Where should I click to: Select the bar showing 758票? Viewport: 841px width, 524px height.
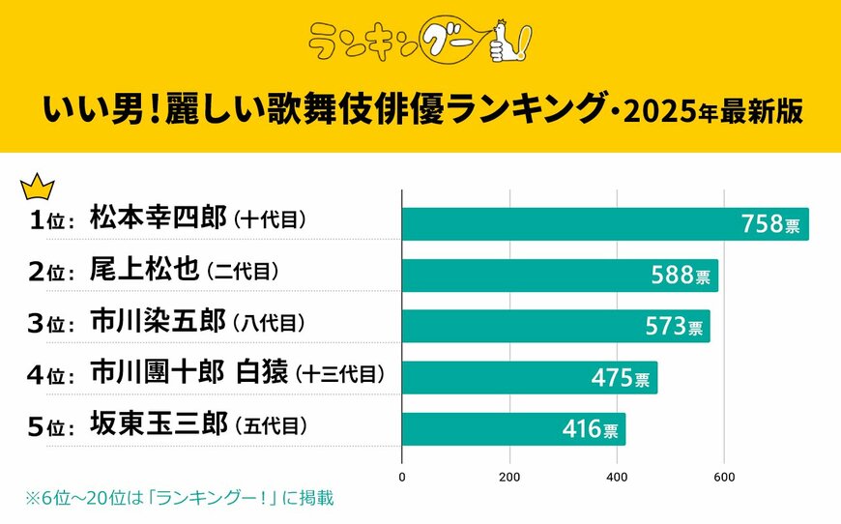point(604,223)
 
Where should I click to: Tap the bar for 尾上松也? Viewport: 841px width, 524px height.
point(559,275)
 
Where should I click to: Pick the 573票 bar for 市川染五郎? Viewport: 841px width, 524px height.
point(555,326)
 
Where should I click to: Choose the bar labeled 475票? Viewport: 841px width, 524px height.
point(529,377)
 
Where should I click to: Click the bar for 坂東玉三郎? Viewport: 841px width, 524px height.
point(512,428)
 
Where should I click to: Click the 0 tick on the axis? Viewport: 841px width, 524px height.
point(402,476)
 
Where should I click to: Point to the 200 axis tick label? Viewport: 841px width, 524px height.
point(509,476)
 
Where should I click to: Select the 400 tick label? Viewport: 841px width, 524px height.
point(617,476)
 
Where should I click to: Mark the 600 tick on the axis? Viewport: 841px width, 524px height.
point(724,476)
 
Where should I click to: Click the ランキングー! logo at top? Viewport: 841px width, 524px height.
point(420,42)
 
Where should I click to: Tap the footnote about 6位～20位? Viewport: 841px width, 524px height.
point(179,498)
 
